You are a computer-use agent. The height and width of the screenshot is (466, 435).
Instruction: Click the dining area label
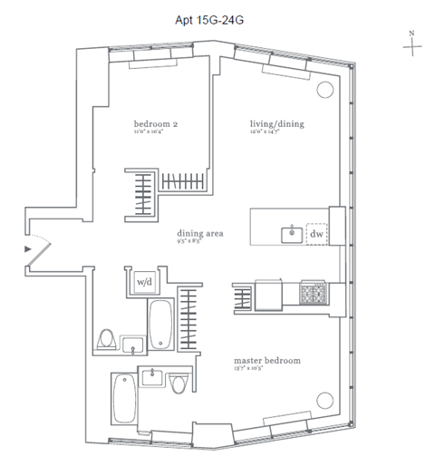click(x=200, y=234)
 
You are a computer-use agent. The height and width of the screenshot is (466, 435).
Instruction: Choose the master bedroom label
click(x=266, y=360)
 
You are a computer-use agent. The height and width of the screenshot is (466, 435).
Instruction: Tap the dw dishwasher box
click(x=316, y=235)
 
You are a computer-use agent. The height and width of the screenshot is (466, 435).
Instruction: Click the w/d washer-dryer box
click(x=143, y=282)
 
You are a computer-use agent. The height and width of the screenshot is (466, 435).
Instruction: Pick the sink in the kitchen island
click(x=292, y=235)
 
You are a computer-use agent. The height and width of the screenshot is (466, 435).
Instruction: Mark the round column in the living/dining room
click(x=325, y=88)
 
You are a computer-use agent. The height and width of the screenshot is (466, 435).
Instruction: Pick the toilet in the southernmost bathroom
click(x=179, y=385)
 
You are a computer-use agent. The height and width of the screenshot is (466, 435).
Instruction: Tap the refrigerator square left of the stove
click(x=269, y=295)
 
